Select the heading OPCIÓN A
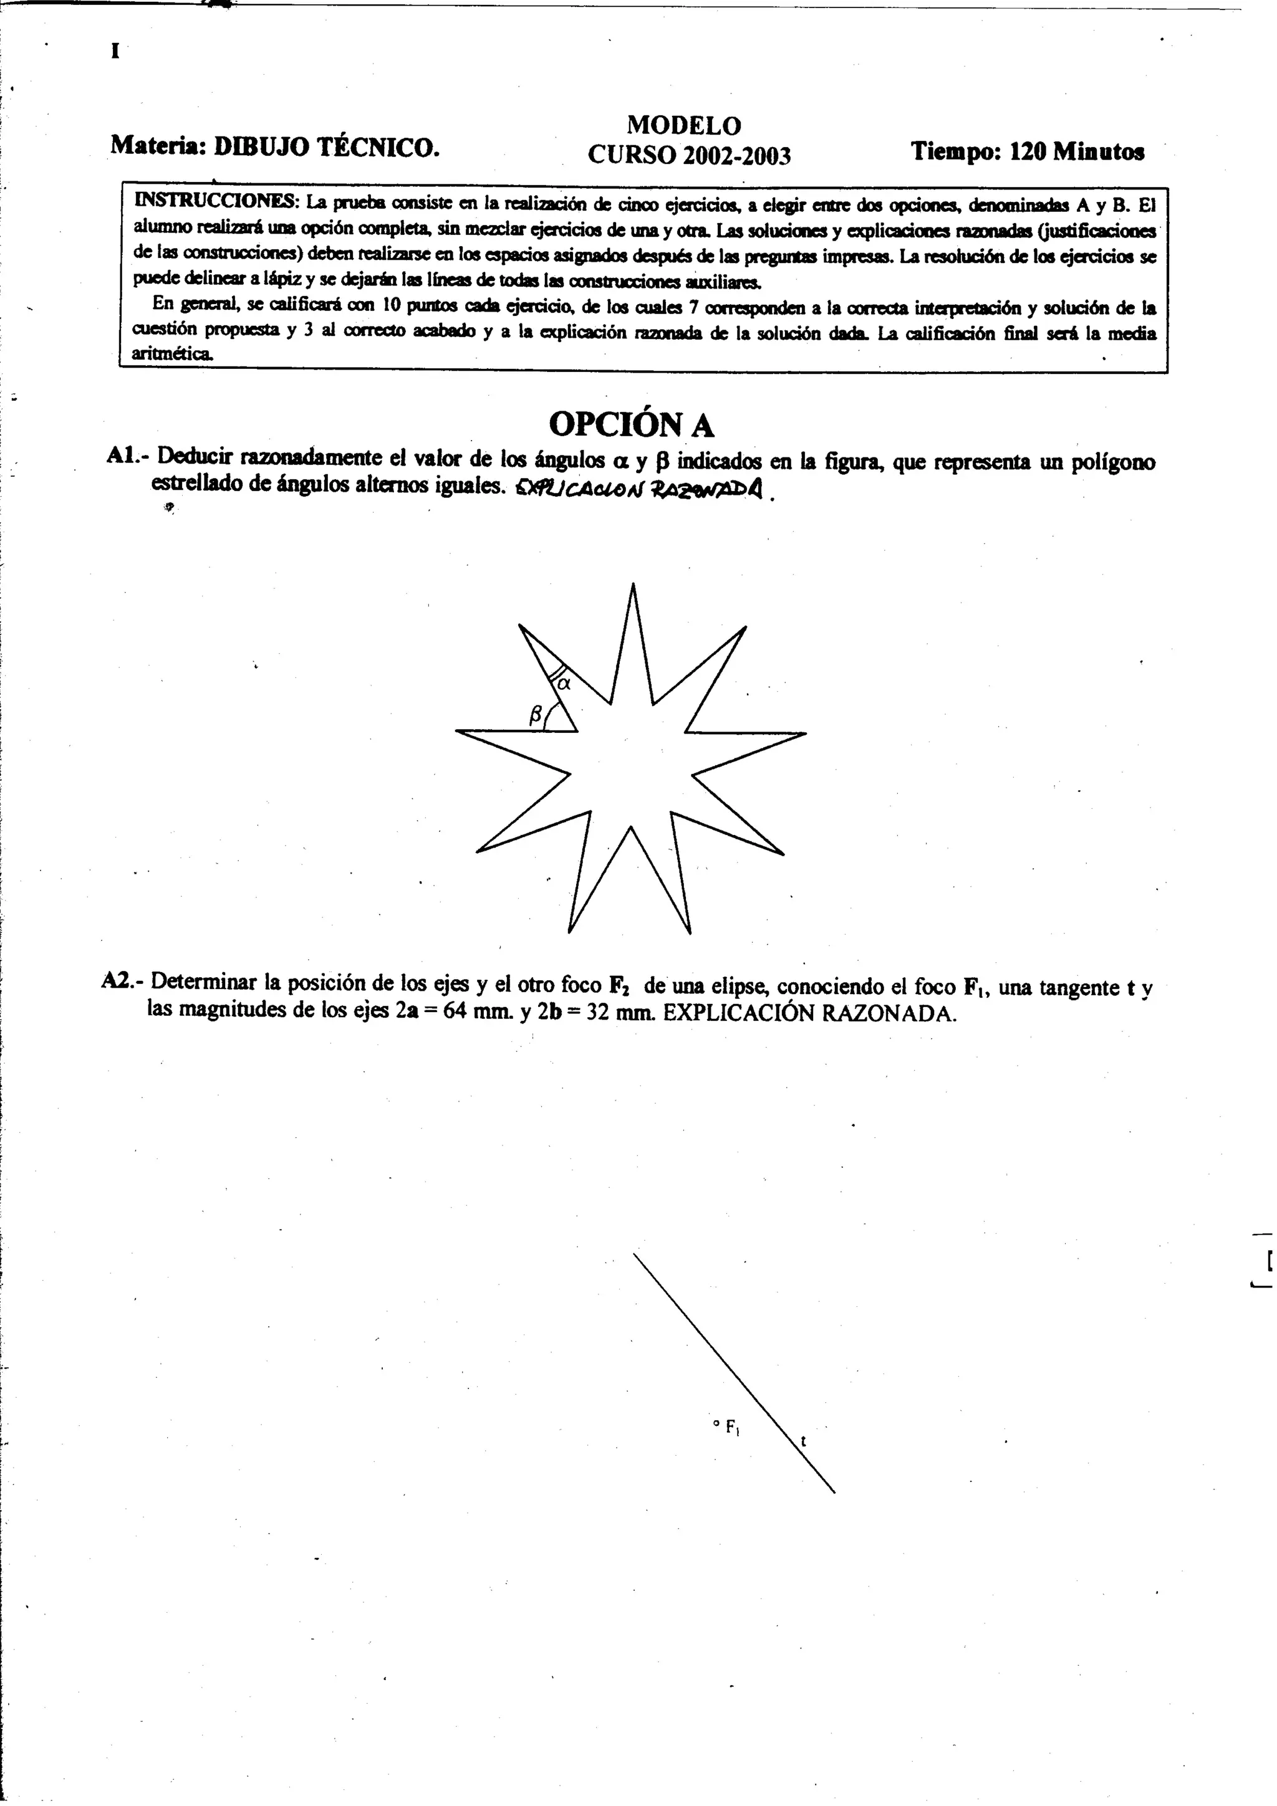[x=631, y=425]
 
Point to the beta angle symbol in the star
[x=536, y=714]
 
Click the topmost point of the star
[x=633, y=585]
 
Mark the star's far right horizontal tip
[x=805, y=734]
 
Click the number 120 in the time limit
[x=1026, y=151]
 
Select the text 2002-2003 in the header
[x=736, y=156]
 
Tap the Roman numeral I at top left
[x=115, y=52]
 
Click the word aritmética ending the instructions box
[x=172, y=353]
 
